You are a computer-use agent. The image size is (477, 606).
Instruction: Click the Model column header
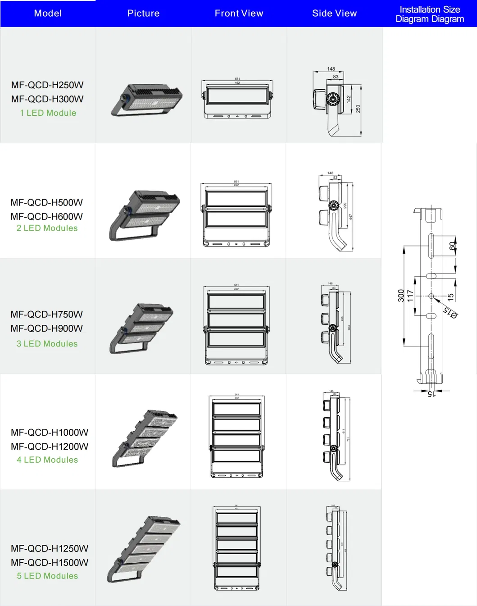tap(48, 14)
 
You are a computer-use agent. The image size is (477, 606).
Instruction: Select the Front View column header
tap(239, 14)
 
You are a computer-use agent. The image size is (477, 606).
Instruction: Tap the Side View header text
tap(334, 14)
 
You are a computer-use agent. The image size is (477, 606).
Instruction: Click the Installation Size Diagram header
tap(429, 14)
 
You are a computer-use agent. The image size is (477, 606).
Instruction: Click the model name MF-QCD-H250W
tap(47, 85)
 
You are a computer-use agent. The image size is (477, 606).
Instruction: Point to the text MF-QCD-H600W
tap(47, 216)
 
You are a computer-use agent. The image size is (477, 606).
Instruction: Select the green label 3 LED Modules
tap(47, 344)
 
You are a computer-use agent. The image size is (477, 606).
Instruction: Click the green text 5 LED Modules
tap(47, 576)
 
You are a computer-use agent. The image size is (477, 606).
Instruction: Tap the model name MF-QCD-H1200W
tap(50, 447)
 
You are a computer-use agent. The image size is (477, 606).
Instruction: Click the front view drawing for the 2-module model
tap(237, 214)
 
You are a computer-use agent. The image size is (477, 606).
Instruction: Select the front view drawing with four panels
tap(237, 436)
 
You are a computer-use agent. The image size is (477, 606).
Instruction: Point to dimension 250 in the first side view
tap(358, 109)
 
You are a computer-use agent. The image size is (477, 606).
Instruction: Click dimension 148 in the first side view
tap(331, 69)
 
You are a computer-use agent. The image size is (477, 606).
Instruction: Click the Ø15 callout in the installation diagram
tap(450, 312)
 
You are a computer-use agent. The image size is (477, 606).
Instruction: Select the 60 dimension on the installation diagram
tap(452, 246)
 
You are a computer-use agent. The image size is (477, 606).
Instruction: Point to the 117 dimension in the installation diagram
tap(410, 296)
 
